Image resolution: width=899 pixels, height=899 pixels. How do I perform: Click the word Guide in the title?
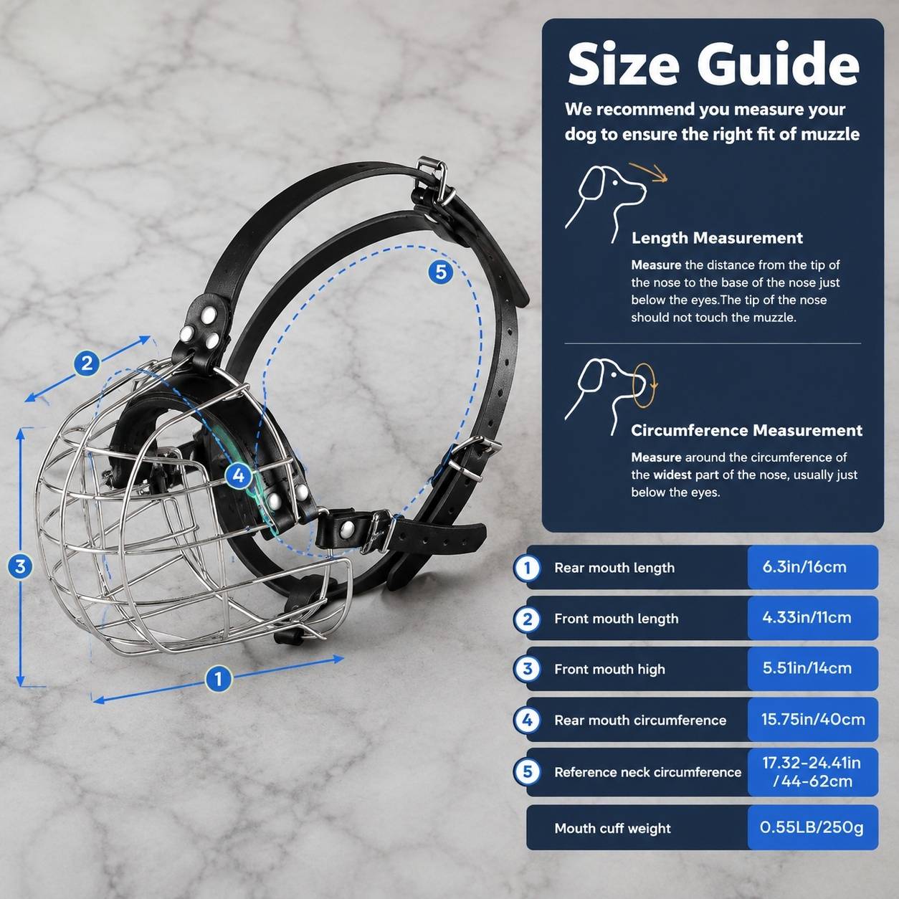tap(778, 65)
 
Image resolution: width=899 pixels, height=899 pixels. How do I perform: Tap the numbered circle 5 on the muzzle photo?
tap(440, 271)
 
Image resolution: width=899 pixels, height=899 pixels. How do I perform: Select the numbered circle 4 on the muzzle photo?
tap(239, 476)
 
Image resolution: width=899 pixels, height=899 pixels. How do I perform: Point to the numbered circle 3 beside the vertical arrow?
tap(20, 566)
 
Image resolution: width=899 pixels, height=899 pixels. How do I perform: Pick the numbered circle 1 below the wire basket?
tap(219, 679)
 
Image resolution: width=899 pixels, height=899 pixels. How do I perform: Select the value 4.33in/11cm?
tap(807, 618)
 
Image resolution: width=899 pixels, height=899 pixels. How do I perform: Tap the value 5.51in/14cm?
tap(807, 668)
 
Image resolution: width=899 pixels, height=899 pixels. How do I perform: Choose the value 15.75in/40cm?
tap(813, 719)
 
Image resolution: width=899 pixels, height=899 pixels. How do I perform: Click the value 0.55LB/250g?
tap(812, 827)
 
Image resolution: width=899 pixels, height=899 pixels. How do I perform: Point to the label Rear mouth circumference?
tap(640, 720)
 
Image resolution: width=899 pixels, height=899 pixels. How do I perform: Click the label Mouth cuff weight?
tap(612, 829)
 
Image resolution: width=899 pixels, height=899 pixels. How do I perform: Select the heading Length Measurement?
tap(717, 238)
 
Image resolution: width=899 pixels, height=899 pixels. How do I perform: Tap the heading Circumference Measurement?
tap(746, 430)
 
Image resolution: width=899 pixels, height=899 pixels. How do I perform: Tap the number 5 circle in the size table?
tap(527, 771)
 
